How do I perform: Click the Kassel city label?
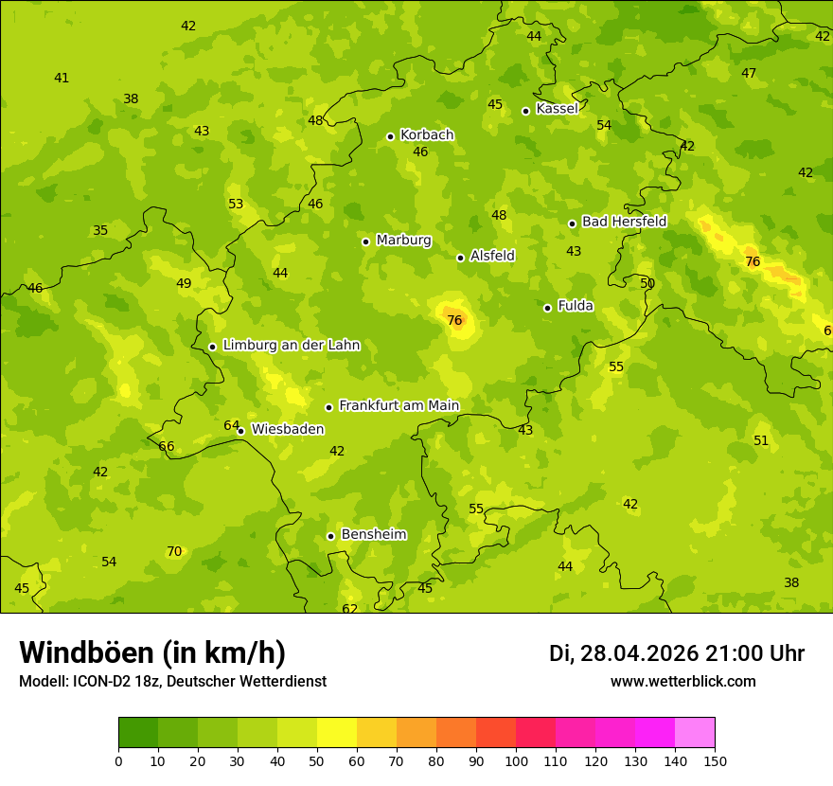tap(557, 109)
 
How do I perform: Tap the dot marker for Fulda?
tap(547, 308)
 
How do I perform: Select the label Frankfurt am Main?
tap(399, 406)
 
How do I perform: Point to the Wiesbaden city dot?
tap(241, 431)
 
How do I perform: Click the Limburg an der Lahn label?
tap(292, 346)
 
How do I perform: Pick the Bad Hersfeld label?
tap(624, 222)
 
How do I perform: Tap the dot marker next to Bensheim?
tap(330, 536)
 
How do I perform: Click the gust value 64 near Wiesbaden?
tap(231, 425)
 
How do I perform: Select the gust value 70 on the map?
tap(174, 551)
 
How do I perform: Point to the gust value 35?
tap(100, 230)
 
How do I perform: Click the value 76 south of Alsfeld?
tap(454, 320)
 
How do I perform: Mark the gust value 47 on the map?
tap(749, 73)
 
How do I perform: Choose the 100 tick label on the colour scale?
tap(516, 760)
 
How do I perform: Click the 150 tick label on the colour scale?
tap(715, 760)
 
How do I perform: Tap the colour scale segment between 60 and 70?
tap(377, 733)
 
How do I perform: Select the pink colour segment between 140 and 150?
tap(695, 733)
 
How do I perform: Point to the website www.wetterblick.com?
tap(682, 681)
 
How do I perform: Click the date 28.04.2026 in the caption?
tap(638, 653)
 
